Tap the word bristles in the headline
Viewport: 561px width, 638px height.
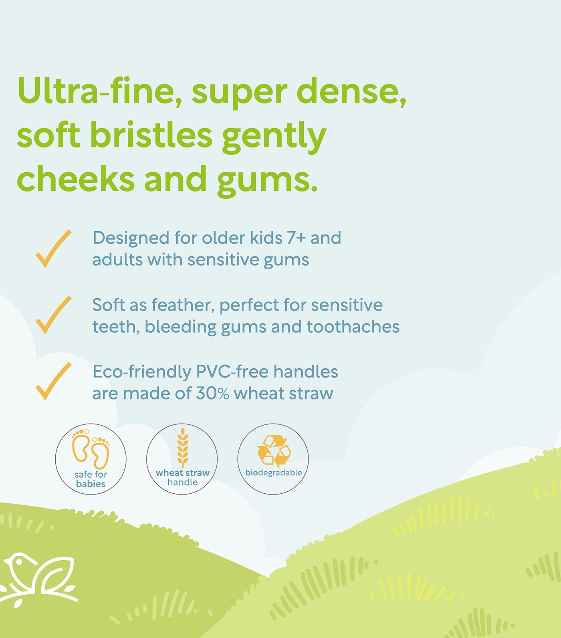point(151,135)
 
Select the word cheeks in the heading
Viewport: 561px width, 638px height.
point(76,179)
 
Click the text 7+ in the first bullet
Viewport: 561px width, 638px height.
point(296,238)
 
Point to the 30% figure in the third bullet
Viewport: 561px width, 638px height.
point(212,394)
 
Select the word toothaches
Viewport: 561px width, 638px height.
point(353,327)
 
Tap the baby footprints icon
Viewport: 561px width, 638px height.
point(91,449)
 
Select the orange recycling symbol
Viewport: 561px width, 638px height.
point(274,451)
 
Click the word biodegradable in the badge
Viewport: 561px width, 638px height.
point(274,473)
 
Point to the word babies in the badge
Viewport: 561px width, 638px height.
point(91,484)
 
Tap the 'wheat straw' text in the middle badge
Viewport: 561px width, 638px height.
point(182,473)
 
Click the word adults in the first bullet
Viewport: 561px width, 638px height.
point(117,260)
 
